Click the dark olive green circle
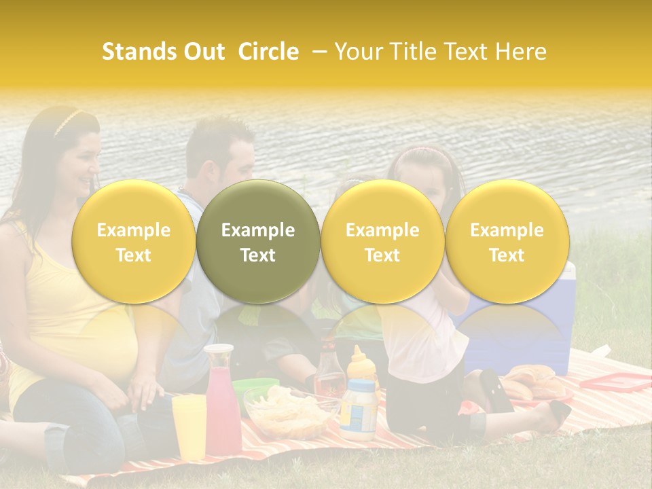coord(258,242)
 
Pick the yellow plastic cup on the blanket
coord(189,427)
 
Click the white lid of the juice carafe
coord(218,351)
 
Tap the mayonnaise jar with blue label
coord(358,408)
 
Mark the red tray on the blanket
coord(615,382)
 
